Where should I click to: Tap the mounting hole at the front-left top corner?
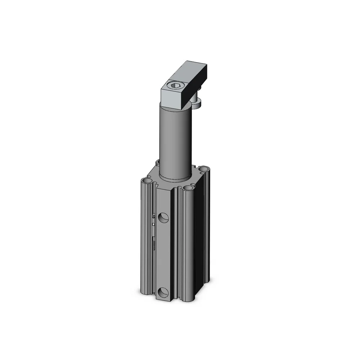[146, 180]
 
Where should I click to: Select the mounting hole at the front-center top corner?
[188, 188]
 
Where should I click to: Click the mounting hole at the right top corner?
[204, 168]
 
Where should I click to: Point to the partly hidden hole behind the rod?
[157, 162]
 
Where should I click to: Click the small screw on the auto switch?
[154, 217]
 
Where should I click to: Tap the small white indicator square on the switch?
[154, 224]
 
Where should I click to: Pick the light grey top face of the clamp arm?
[187, 74]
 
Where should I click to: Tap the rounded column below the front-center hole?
[188, 245]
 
